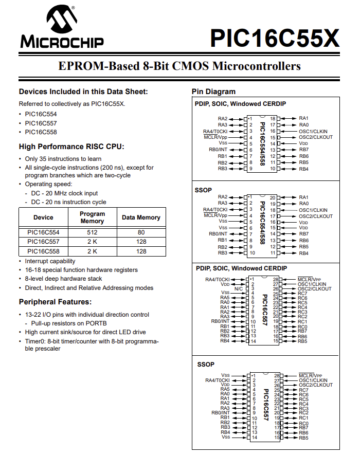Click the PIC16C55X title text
pos(275,38)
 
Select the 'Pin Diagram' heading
pos(213,92)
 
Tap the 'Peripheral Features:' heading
pos(55,301)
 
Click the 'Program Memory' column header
pos(93,217)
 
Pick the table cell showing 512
pos(93,232)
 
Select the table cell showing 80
pos(141,232)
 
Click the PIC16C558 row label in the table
pos(43,251)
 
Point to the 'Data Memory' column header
pos(141,217)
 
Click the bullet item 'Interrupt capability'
pos(50,261)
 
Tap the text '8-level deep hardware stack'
pos(63,279)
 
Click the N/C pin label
pos(239,288)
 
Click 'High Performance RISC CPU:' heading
pos(71,147)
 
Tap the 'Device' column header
pos(43,217)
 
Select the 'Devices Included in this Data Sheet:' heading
pos(83,92)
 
